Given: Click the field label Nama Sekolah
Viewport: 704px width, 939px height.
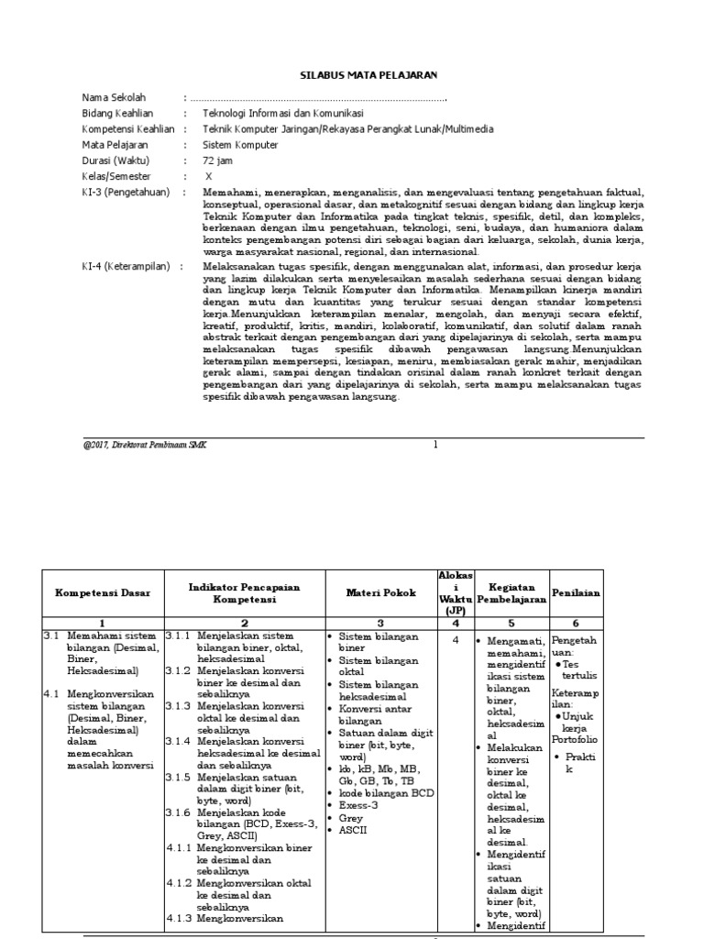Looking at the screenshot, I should tap(114, 98).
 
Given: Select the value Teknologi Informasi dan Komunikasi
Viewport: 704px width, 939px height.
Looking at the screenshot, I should tap(296, 114).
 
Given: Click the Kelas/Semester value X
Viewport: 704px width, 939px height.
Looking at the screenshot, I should tap(208, 176).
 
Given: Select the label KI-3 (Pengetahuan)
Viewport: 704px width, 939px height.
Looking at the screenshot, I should tap(126, 192).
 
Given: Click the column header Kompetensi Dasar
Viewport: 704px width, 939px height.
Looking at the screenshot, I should tap(103, 592).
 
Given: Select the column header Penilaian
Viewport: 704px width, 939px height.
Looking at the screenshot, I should tap(576, 592).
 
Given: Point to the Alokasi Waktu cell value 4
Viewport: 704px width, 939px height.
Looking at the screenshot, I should tap(455, 640).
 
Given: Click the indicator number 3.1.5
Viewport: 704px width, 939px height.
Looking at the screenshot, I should tap(179, 777).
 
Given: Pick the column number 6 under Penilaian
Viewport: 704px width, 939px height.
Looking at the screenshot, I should tap(576, 622).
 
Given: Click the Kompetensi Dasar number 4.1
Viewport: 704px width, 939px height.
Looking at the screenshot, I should tap(51, 695).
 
